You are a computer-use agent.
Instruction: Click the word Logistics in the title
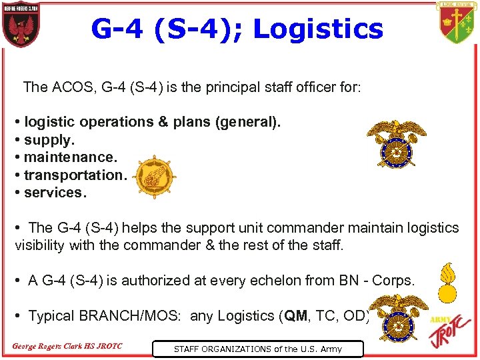click(x=319, y=29)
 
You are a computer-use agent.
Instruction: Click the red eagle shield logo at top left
click(x=21, y=26)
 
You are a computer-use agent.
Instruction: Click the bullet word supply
click(x=48, y=140)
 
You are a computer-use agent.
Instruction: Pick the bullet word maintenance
click(x=71, y=157)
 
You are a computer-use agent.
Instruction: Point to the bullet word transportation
click(x=75, y=175)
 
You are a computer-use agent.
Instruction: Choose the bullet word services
click(x=55, y=192)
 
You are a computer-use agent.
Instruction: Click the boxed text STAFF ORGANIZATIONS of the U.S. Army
click(x=257, y=349)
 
